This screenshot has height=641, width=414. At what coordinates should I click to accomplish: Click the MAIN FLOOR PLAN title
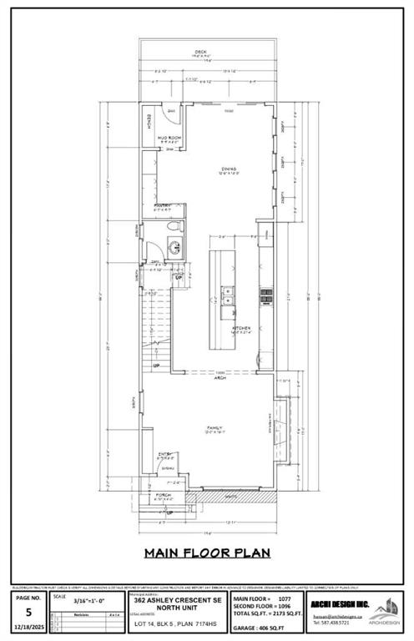click(x=207, y=552)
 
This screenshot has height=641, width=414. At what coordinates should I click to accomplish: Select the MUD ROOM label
click(x=170, y=138)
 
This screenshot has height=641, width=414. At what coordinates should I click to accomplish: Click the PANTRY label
click(x=162, y=205)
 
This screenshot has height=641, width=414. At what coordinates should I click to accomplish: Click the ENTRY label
click(x=166, y=455)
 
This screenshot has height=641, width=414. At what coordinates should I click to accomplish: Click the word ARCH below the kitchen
click(x=220, y=376)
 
